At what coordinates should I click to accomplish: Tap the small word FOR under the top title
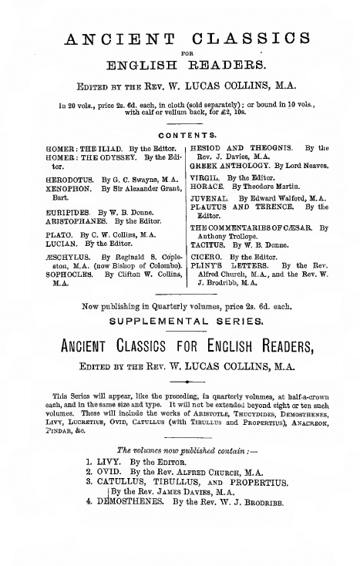click(180, 54)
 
